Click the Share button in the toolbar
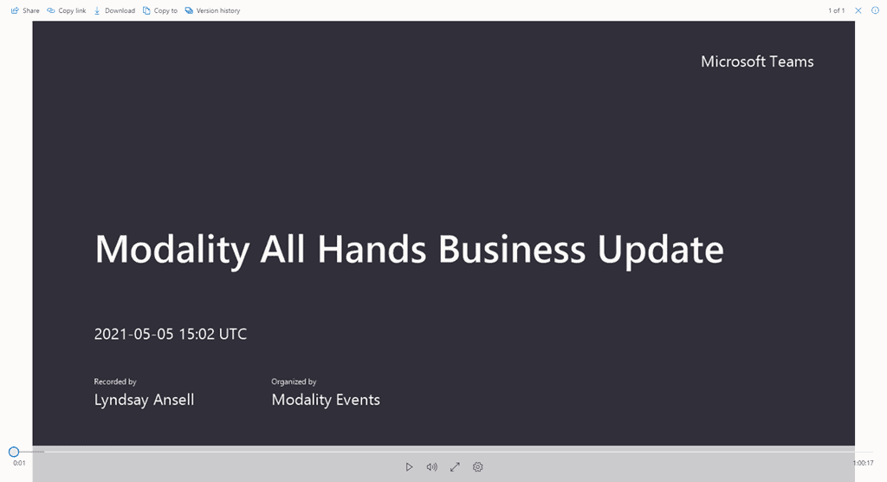click(x=25, y=10)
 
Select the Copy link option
click(x=66, y=10)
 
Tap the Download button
click(x=114, y=10)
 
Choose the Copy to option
click(x=160, y=10)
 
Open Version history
click(x=213, y=10)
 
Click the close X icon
click(x=858, y=10)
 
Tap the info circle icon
click(x=875, y=10)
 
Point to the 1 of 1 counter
click(x=836, y=10)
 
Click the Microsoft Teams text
click(x=757, y=62)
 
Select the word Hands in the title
click(x=371, y=249)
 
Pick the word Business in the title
click(x=512, y=249)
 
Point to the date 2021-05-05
click(x=133, y=334)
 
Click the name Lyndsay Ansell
click(x=144, y=400)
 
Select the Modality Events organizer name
click(x=326, y=400)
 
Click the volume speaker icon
click(x=431, y=467)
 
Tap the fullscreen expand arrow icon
click(x=455, y=467)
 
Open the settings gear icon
click(x=478, y=467)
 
